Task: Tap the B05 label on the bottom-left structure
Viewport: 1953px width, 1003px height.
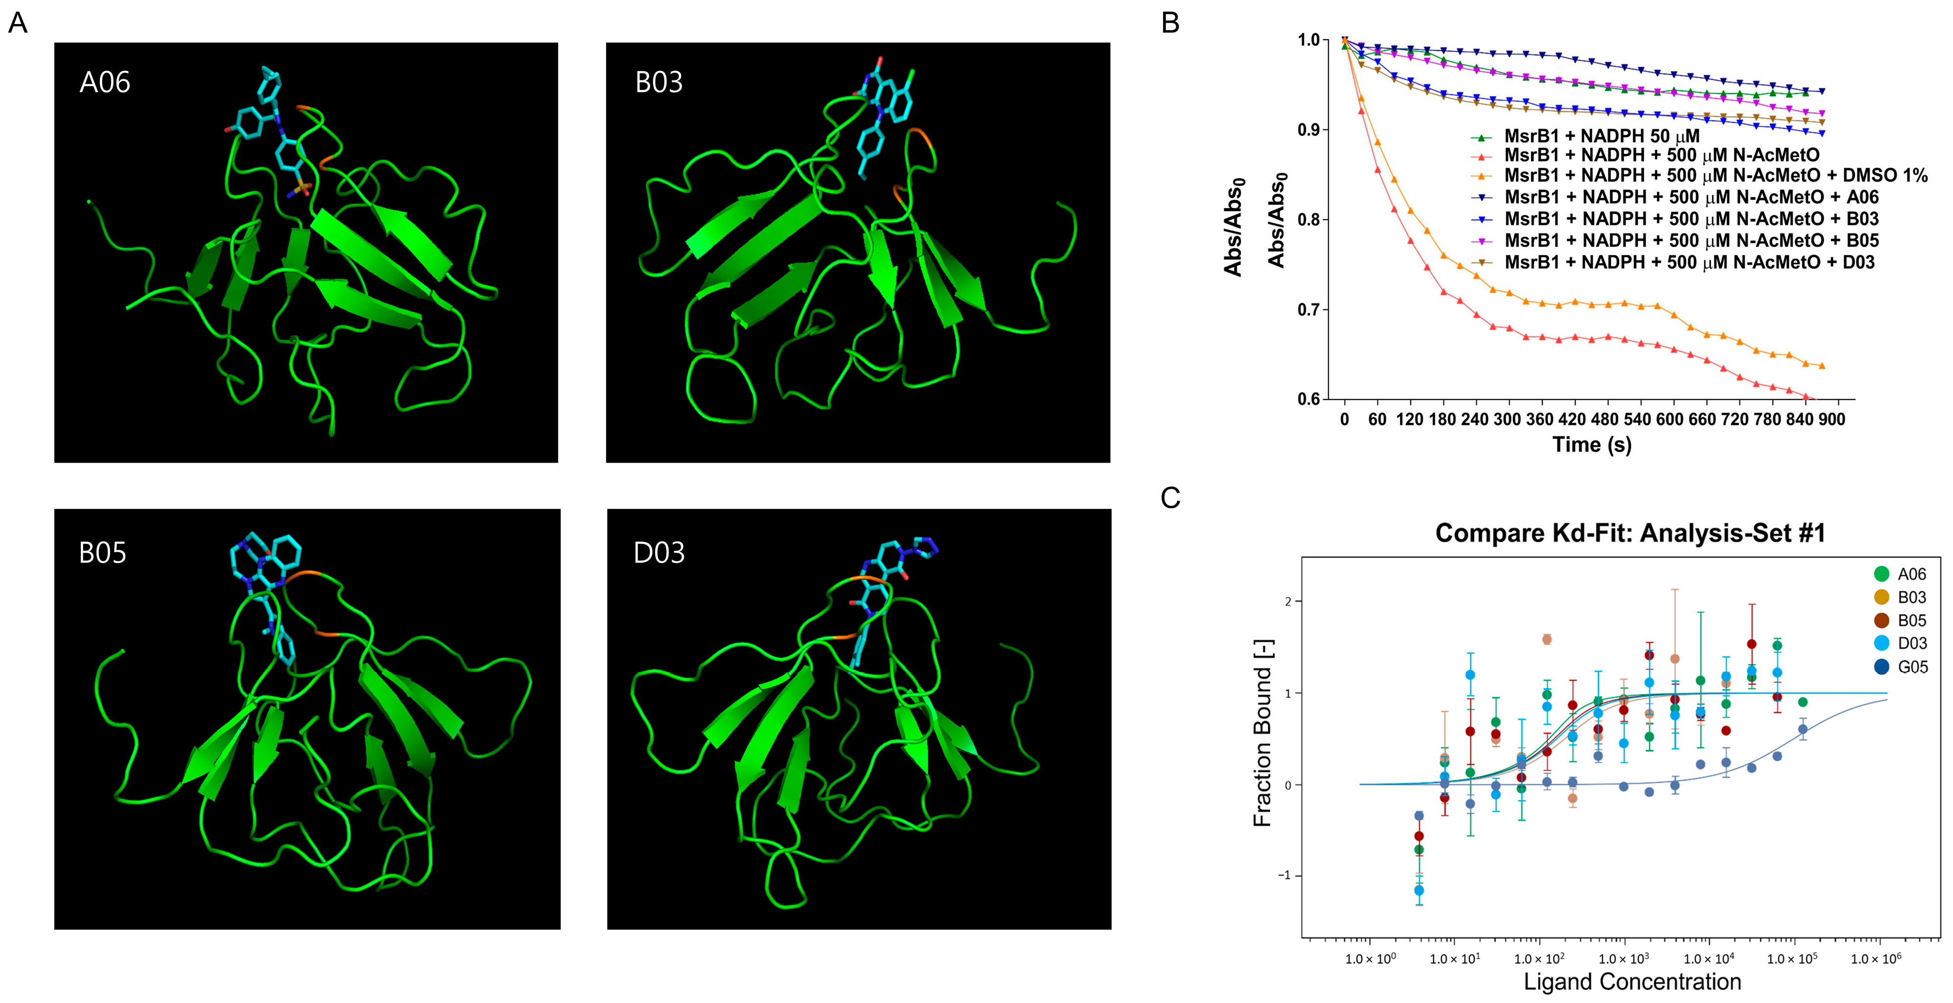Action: tap(102, 553)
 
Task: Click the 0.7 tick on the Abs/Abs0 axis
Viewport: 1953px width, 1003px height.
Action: tap(1308, 309)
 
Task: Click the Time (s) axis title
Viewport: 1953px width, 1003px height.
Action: tap(1591, 444)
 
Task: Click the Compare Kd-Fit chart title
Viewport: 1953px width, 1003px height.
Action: tap(1629, 533)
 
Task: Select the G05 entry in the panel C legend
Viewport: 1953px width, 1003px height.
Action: tap(1911, 667)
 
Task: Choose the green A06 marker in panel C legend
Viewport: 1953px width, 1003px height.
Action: tap(1881, 574)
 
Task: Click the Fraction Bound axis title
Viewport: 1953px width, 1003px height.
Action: tap(1262, 733)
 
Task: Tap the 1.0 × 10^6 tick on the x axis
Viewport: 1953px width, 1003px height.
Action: tap(1876, 959)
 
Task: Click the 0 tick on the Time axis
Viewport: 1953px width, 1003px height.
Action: tap(1344, 419)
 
